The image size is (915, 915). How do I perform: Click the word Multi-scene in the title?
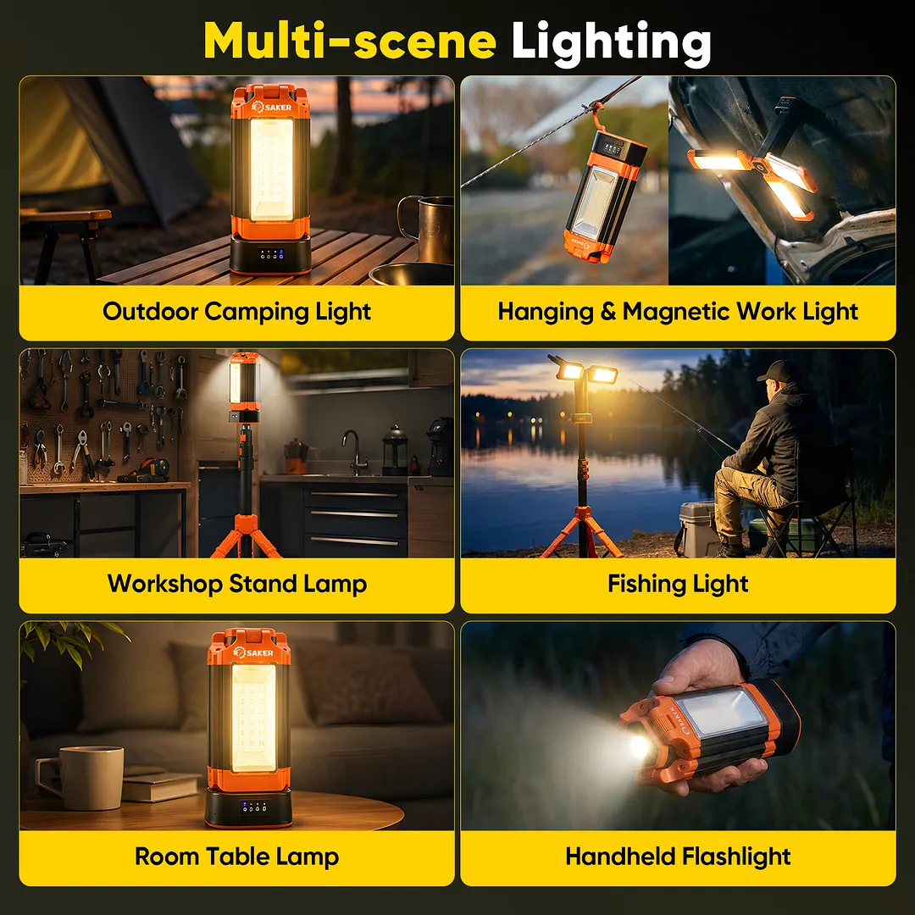(350, 41)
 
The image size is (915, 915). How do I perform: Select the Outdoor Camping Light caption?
(236, 312)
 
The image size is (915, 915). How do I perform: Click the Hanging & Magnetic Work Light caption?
(678, 312)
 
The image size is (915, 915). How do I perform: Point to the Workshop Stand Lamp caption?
(237, 584)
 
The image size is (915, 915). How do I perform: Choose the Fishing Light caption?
(678, 584)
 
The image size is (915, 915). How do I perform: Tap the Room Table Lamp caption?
(236, 857)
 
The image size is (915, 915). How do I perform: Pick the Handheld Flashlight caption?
(678, 857)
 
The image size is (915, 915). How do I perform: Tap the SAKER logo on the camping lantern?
(271, 107)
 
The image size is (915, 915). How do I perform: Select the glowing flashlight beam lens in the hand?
(640, 746)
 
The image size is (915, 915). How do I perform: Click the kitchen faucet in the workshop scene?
(354, 452)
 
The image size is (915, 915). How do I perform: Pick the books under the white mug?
(160, 785)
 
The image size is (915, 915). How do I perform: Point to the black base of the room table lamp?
(248, 807)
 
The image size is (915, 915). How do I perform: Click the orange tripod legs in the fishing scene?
(582, 531)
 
